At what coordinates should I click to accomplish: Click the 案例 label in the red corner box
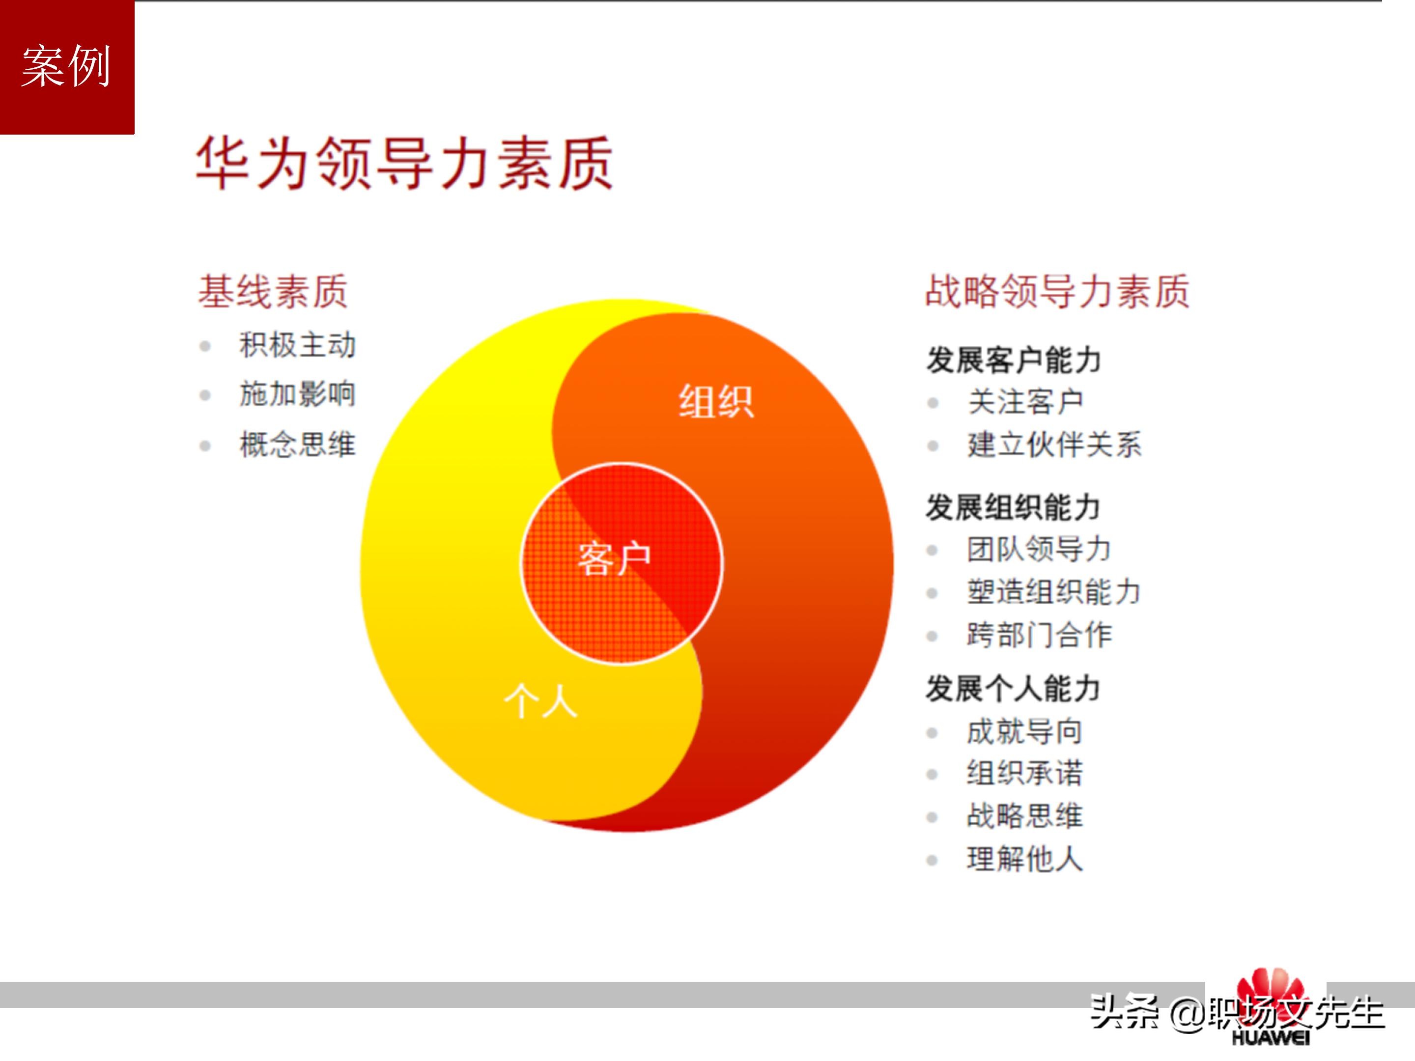tap(66, 66)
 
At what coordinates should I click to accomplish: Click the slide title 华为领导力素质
tap(404, 163)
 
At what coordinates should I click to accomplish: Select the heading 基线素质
tap(273, 292)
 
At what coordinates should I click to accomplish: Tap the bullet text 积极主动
tap(297, 345)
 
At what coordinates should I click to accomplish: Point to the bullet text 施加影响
tap(297, 394)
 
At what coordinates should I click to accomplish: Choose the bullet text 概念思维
tap(297, 445)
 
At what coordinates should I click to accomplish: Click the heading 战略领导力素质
tap(1057, 292)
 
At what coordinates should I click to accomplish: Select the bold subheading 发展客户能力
tap(1013, 360)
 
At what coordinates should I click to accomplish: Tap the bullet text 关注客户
tap(1025, 402)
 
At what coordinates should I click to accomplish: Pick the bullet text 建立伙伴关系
tap(1054, 445)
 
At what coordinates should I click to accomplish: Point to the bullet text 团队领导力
tap(1039, 549)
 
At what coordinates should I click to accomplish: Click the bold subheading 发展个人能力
tap(1013, 689)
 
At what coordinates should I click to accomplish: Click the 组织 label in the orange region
tap(716, 402)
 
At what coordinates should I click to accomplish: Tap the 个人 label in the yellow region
tap(541, 701)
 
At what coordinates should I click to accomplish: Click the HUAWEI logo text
tap(1271, 1037)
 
